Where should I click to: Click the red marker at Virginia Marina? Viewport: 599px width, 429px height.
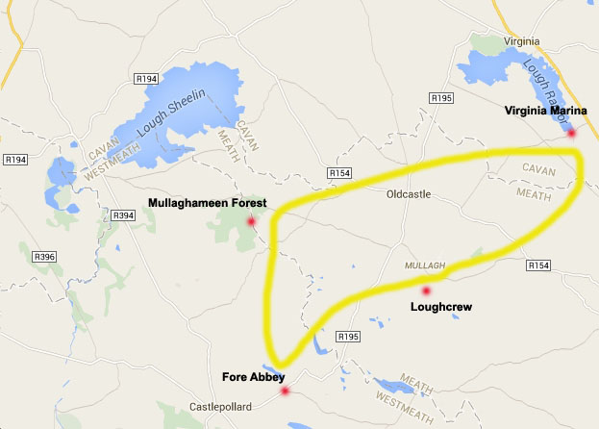pyautogui.click(x=571, y=133)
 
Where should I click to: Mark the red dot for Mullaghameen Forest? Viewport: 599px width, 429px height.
pyautogui.click(x=251, y=221)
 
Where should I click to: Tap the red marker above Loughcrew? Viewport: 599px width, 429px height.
pyautogui.click(x=425, y=290)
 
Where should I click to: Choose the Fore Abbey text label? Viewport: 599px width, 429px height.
pyautogui.click(x=252, y=376)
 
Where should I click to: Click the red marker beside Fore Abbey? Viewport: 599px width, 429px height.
pyautogui.click(x=284, y=391)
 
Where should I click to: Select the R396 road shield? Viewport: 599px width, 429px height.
pyautogui.click(x=45, y=257)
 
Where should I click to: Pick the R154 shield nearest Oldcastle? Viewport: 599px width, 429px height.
pyautogui.click(x=340, y=173)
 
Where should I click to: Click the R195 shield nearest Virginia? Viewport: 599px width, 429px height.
pyautogui.click(x=442, y=98)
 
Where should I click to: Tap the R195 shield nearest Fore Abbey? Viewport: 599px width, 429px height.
pyautogui.click(x=348, y=338)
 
